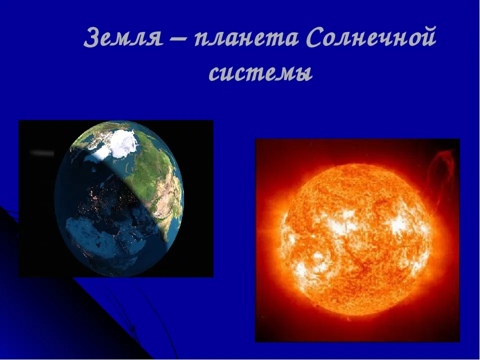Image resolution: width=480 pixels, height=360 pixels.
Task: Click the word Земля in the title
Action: [x=123, y=38]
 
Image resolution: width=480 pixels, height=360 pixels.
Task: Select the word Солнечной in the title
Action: [x=371, y=37]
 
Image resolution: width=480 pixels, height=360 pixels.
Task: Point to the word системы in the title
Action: [x=260, y=73]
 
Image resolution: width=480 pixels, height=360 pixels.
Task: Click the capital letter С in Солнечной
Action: [x=315, y=38]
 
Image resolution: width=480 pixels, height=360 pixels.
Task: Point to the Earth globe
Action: [x=119, y=198]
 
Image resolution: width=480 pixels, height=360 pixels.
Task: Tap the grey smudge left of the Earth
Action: [x=42, y=152]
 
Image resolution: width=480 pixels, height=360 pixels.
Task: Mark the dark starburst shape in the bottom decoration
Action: [x=132, y=328]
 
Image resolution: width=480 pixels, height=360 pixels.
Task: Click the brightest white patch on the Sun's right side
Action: [x=399, y=225]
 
